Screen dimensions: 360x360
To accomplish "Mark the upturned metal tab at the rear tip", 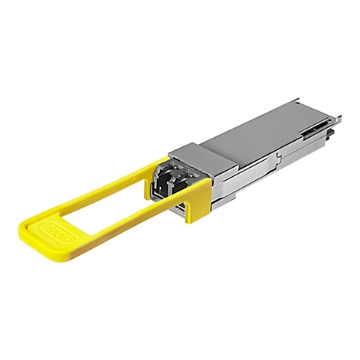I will pos(336,117).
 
